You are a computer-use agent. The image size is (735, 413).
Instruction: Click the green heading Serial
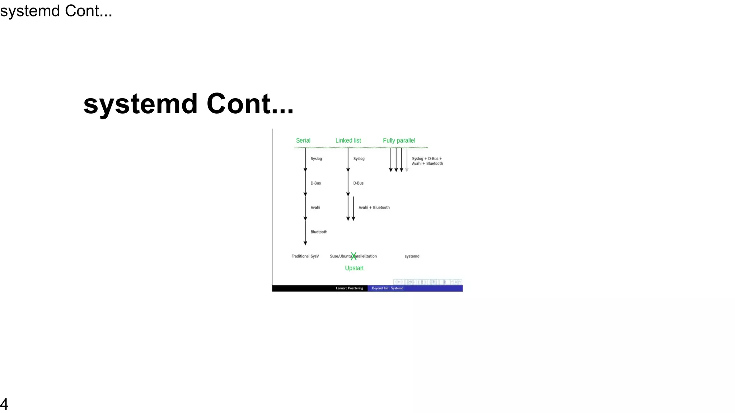point(303,141)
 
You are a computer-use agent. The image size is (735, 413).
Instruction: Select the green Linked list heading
point(348,141)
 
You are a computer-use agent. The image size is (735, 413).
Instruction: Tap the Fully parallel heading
point(399,141)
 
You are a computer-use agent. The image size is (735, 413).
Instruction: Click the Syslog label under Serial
point(316,158)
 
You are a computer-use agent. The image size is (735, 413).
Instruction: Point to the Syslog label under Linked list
point(359,158)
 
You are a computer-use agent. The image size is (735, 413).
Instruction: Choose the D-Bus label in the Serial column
point(315,183)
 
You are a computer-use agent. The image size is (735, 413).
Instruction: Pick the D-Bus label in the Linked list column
point(358,183)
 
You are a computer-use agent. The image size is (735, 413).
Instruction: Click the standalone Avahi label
point(315,208)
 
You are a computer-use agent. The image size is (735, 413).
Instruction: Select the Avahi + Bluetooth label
point(374,208)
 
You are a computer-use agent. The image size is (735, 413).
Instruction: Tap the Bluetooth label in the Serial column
point(319,232)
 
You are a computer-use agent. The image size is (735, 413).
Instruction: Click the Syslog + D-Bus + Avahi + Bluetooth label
point(427,161)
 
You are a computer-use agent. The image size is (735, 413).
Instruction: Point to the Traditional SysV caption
point(305,256)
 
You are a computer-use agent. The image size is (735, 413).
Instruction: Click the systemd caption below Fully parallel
point(412,256)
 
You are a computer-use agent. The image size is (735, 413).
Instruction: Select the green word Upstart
point(354,268)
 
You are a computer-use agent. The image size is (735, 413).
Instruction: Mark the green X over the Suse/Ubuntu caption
point(354,256)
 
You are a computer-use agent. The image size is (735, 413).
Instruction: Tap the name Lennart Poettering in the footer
point(349,288)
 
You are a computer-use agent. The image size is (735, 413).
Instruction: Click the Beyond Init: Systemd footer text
point(388,288)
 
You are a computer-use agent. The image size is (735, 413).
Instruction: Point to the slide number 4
point(4,404)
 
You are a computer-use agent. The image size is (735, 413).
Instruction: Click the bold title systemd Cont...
point(188,104)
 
